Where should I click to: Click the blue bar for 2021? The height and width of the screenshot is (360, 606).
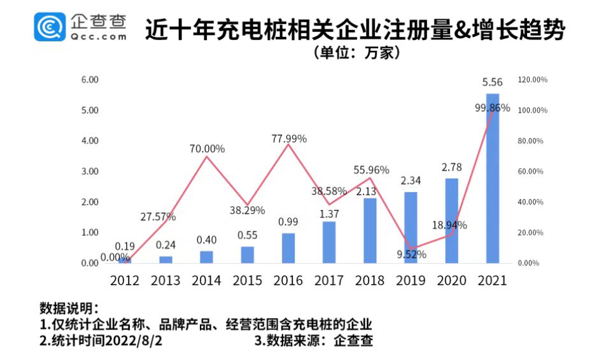pyautogui.click(x=492, y=178)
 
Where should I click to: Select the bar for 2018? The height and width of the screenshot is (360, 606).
pyautogui.click(x=370, y=230)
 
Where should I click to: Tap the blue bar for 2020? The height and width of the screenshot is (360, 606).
pyautogui.click(x=451, y=220)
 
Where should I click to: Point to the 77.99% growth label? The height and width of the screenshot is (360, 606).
pyautogui.click(x=288, y=138)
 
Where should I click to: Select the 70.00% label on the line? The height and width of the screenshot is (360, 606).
pyautogui.click(x=207, y=149)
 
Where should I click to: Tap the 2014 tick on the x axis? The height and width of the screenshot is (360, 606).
pyautogui.click(x=206, y=280)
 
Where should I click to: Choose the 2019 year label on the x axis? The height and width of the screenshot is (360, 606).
pyautogui.click(x=411, y=280)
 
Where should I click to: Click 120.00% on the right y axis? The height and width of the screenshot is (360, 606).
pyautogui.click(x=533, y=80)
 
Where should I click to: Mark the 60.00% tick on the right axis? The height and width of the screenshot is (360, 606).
pyautogui.click(x=533, y=172)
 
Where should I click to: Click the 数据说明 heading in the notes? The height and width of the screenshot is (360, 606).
pyautogui.click(x=69, y=308)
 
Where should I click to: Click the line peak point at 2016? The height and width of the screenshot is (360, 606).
pyautogui.click(x=288, y=144)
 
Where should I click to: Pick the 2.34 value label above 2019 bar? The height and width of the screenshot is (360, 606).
pyautogui.click(x=411, y=181)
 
